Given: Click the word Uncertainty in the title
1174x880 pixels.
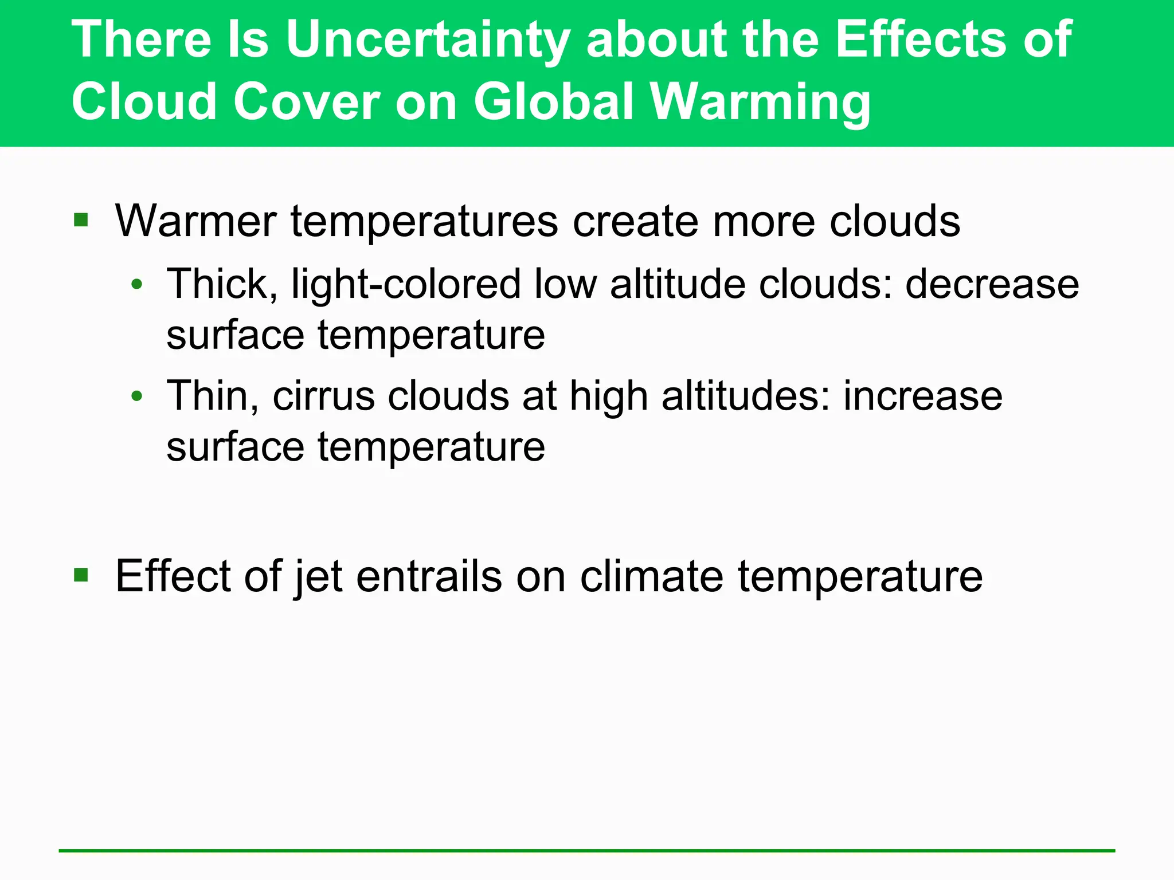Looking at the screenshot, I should tap(427, 40).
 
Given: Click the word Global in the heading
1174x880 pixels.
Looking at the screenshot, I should tap(553, 101).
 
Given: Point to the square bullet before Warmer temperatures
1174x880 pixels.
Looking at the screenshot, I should tap(81, 220).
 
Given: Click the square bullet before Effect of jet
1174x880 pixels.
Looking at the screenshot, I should tap(81, 575).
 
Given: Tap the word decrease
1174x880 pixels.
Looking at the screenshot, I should tap(992, 285).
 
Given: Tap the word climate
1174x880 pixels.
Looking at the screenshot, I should tap(651, 576).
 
